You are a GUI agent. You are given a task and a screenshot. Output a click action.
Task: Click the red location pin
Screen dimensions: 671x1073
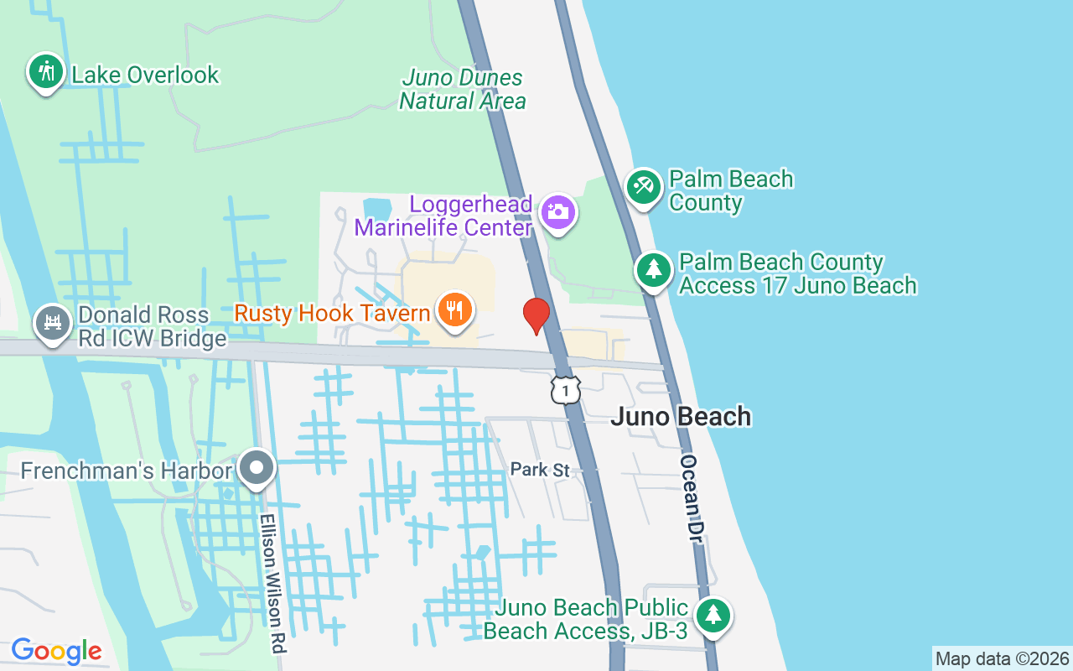click(536, 315)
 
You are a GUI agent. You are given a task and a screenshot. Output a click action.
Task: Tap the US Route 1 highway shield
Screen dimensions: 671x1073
click(566, 390)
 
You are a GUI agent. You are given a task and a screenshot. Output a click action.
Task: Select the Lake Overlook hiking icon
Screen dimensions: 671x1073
click(45, 72)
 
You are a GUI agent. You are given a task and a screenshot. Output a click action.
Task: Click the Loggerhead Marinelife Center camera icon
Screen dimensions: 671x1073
click(557, 212)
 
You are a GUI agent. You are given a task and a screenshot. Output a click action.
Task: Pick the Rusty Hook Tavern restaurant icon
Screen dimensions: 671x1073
click(454, 311)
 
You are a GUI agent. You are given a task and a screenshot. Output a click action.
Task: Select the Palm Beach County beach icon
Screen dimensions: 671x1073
click(644, 185)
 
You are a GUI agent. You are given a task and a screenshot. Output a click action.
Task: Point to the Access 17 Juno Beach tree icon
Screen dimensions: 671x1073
click(654, 270)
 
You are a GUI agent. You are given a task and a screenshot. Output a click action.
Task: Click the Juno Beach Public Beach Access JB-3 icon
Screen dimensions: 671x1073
click(713, 616)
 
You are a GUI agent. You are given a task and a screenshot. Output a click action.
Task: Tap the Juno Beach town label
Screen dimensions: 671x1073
click(681, 417)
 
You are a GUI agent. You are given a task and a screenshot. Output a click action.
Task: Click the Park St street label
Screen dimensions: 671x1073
click(540, 470)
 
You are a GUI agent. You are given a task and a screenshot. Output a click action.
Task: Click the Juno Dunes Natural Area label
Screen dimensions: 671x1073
click(463, 90)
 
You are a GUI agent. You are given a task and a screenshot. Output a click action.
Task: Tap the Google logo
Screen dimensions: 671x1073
click(56, 651)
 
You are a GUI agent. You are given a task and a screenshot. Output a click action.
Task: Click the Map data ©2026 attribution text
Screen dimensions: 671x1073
click(1003, 658)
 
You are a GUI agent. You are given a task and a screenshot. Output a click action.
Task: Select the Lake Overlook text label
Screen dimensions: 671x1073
click(145, 75)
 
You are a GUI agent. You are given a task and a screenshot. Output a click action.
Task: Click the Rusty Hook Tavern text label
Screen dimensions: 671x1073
click(332, 314)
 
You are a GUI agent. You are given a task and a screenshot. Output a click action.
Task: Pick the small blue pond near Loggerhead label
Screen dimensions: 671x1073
click(377, 207)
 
